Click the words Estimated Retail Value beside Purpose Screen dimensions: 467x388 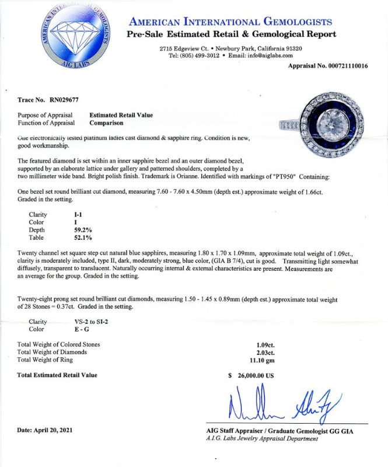coord(120,115)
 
